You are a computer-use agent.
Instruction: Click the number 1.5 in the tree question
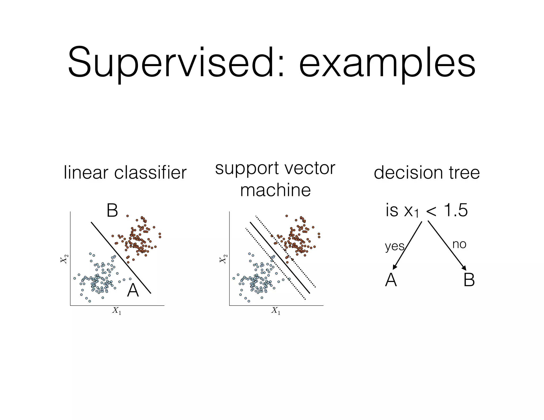pos(455,210)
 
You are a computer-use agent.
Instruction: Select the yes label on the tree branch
pos(394,246)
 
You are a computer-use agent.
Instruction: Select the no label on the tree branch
pos(459,244)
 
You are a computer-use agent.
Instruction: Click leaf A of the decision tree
pos(391,280)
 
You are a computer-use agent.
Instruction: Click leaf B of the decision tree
pos(469,280)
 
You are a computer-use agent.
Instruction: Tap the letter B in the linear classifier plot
pos(112,211)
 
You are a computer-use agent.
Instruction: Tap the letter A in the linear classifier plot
pos(133,291)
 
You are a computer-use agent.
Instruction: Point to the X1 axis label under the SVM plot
pos(276,310)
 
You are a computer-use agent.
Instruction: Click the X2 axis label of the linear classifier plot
pos(64,259)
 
